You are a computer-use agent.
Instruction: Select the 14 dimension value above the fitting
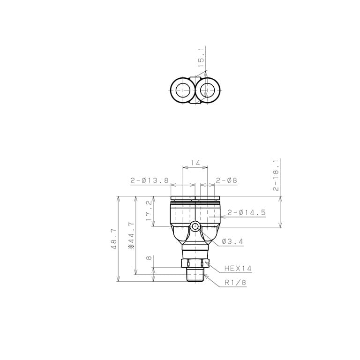[195, 163]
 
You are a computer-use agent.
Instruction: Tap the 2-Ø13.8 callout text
[150, 180]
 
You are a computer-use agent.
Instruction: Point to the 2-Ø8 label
[226, 180]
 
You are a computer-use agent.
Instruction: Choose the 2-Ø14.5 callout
[247, 213]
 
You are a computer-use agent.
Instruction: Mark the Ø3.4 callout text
[232, 241]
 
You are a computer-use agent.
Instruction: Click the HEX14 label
[238, 268]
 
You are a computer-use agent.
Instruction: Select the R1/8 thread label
[235, 283]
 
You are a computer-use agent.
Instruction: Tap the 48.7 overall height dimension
[113, 239]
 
